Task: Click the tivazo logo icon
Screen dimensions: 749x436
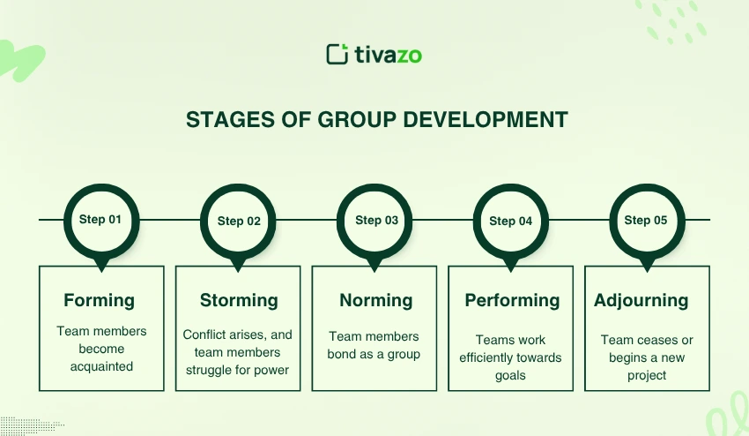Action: coord(337,54)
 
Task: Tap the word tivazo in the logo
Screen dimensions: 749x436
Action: coord(389,55)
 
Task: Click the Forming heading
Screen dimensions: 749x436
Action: coord(100,301)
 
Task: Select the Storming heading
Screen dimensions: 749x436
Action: coord(239,301)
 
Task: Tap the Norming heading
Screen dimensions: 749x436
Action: coord(376,301)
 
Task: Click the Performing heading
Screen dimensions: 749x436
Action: coord(512,301)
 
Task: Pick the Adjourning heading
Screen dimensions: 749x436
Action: coord(641,301)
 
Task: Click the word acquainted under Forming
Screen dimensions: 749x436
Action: coord(101,366)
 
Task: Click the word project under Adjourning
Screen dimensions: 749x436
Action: coord(647,376)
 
